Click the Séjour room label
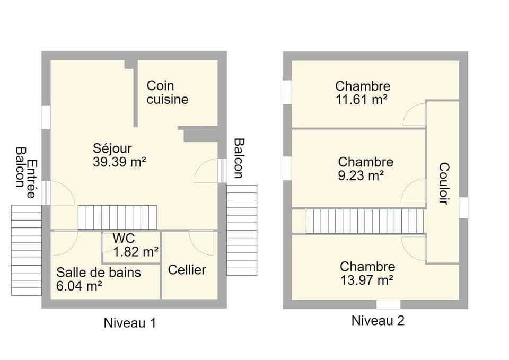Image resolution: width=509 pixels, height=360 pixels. (112, 148)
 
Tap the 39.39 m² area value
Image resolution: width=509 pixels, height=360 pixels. (119, 162)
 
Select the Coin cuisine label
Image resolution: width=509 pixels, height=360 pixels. (167, 92)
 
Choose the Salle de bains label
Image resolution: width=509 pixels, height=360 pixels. (99, 273)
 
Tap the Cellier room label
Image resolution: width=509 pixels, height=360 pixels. (187, 270)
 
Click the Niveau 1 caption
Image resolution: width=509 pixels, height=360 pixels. (130, 323)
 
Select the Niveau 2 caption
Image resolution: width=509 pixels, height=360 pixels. (378, 321)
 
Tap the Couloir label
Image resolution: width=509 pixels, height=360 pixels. (444, 183)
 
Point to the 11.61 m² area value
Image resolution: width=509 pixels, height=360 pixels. (363, 99)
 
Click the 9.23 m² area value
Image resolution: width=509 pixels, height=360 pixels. (361, 175)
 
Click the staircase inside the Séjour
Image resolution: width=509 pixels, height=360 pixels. (117, 217)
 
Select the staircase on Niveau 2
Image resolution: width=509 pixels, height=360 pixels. (366, 221)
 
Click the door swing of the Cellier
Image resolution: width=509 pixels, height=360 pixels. (202, 243)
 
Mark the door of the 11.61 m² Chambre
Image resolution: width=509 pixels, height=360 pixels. (415, 115)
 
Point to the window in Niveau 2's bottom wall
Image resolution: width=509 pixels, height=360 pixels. (388, 304)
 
